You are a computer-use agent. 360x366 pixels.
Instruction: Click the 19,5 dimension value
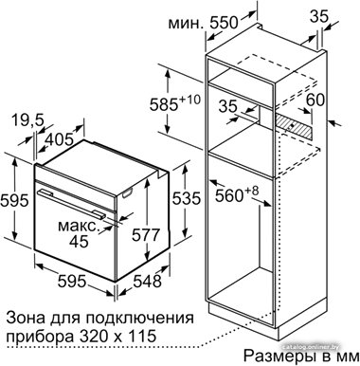27,119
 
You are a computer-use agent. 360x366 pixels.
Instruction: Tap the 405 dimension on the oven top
59,139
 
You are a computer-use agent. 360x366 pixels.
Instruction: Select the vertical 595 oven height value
14,201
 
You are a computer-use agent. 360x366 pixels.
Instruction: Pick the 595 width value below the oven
72,281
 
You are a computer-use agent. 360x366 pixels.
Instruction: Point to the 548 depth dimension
148,281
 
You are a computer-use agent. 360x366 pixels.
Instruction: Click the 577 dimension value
146,235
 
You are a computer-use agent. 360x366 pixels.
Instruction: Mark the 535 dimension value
187,198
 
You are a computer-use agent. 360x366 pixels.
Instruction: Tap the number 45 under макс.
79,242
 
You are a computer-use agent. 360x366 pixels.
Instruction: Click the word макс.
79,227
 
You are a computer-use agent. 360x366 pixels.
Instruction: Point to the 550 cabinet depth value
224,23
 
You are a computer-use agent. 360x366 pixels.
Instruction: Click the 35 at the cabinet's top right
319,17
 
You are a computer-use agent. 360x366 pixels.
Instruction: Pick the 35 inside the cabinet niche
228,106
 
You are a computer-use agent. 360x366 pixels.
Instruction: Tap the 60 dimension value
315,101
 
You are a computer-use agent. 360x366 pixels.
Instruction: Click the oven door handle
71,204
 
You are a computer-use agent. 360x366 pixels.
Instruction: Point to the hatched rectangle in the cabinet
294,124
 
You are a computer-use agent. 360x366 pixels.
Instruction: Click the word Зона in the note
24,318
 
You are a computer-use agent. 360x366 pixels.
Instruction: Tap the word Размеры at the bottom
279,357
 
